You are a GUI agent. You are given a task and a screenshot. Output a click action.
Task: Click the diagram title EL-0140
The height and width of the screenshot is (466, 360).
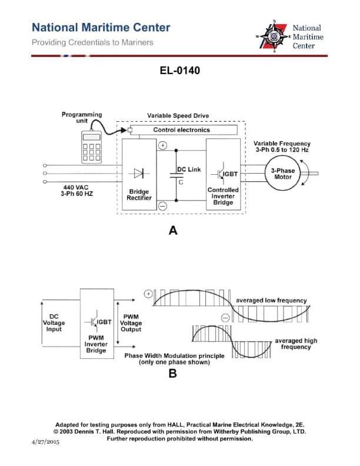[180, 71]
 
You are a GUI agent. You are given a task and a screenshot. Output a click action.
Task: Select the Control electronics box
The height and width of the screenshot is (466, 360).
[181, 129]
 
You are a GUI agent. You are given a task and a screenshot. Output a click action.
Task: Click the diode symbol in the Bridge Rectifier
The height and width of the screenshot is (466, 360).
[139, 173]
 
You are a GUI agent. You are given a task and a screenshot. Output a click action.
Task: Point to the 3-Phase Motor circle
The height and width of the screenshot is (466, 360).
[282, 174]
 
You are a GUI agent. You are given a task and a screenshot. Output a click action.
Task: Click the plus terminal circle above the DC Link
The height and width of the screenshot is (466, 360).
[163, 145]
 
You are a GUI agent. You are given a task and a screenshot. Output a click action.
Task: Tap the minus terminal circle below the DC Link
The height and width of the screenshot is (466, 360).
[163, 205]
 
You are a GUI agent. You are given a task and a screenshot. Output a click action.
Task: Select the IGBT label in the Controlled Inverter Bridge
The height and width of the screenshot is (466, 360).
[229, 174]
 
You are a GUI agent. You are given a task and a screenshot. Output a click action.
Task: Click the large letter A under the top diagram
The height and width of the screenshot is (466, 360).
[173, 231]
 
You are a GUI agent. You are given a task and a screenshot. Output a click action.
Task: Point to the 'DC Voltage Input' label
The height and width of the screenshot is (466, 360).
[54, 322]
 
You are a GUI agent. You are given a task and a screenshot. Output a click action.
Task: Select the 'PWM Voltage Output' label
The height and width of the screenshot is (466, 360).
[131, 322]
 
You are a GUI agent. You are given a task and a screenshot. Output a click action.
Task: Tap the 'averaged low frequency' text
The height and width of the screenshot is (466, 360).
[271, 301]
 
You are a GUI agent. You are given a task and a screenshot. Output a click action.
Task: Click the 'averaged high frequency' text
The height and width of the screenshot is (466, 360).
[295, 344]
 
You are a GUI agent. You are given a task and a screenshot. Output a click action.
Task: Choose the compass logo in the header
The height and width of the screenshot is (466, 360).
[274, 36]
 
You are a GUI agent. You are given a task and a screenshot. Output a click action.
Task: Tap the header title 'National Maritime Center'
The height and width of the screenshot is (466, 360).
[101, 28]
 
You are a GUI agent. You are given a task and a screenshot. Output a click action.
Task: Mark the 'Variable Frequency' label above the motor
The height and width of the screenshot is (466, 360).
[282, 143]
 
